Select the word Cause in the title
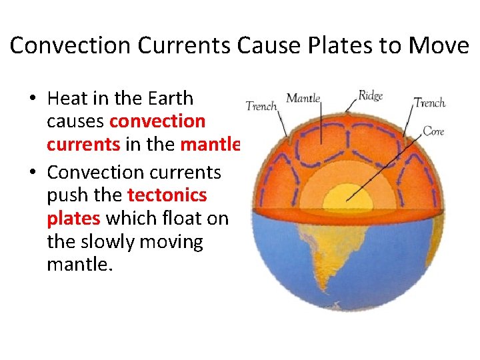260,45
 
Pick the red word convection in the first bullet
157,121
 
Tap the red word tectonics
167,195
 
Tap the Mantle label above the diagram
303,99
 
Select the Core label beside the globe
433,131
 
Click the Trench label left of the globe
261,106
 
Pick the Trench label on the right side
430,103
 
